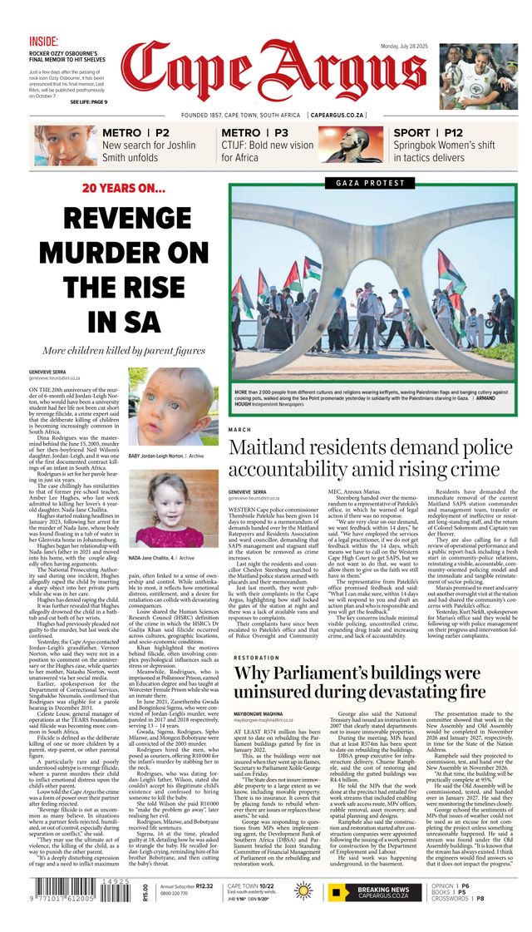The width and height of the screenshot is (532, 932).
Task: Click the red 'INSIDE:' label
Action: coord(44,41)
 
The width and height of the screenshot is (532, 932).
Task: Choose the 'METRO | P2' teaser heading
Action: coord(135,133)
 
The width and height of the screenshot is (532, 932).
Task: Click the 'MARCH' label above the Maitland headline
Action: coord(239,430)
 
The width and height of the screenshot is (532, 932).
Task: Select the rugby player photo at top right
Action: coord(478,77)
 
